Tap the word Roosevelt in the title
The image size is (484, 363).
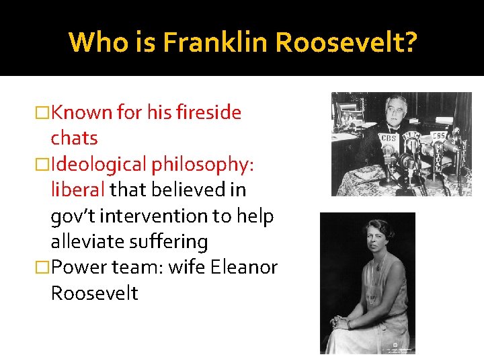tap(346, 42)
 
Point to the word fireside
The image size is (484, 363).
tap(208, 112)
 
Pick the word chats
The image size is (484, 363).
tap(74, 138)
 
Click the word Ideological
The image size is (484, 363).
tap(98, 164)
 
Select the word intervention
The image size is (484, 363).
tap(177, 216)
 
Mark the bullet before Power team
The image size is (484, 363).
tap(43, 268)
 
